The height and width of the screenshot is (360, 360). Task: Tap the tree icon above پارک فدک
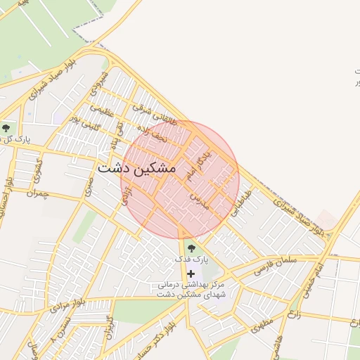[191, 248]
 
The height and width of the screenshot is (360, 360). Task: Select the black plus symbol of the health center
[191, 273]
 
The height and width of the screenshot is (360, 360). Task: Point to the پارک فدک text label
[191, 260]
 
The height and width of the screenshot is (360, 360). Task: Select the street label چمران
[35, 193]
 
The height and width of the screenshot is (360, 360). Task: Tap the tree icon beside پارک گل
[6, 127]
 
